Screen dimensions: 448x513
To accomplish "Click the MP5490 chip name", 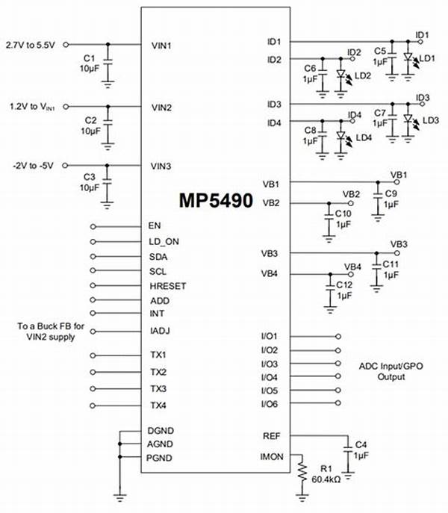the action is [216, 200].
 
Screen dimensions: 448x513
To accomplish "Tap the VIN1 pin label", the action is [161, 46].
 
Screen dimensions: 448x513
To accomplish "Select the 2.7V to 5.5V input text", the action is [31, 45].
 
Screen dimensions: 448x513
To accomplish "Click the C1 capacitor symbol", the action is [108, 62].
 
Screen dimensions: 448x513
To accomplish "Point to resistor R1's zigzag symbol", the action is [302, 471].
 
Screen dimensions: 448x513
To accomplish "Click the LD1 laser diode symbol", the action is [408, 57].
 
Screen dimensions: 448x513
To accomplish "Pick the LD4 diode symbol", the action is [341, 135].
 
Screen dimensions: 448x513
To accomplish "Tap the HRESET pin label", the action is [168, 286].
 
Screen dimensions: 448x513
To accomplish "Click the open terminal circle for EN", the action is [93, 226].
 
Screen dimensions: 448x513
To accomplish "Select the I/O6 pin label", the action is [270, 404].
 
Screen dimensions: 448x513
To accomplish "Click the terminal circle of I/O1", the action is [338, 336].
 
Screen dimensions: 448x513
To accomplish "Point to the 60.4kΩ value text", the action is [326, 479].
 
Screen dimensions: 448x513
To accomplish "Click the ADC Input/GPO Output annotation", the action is [391, 371].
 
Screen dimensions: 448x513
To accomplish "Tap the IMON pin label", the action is [272, 456].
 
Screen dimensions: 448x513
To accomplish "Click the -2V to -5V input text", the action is [33, 166].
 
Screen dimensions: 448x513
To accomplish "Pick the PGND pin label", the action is [159, 458].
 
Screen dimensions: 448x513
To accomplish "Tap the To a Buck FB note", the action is [51, 331].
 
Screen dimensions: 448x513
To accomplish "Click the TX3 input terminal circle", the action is [93, 389].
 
